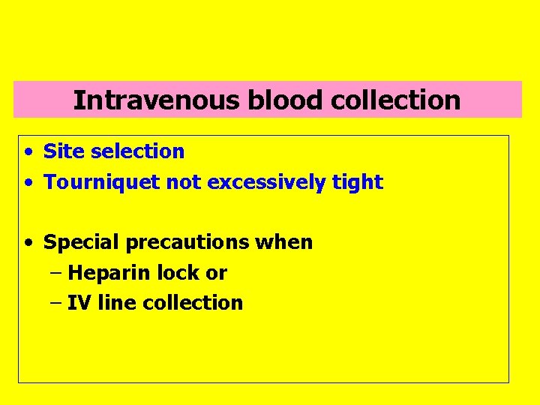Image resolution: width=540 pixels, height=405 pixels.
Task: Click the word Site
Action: [60, 151]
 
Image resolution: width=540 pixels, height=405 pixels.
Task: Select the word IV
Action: [76, 303]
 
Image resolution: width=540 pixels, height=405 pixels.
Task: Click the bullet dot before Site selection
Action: [27, 152]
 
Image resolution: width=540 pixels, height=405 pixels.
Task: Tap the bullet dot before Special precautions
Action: [27, 243]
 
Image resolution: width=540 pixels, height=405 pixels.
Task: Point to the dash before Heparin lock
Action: [55, 273]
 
